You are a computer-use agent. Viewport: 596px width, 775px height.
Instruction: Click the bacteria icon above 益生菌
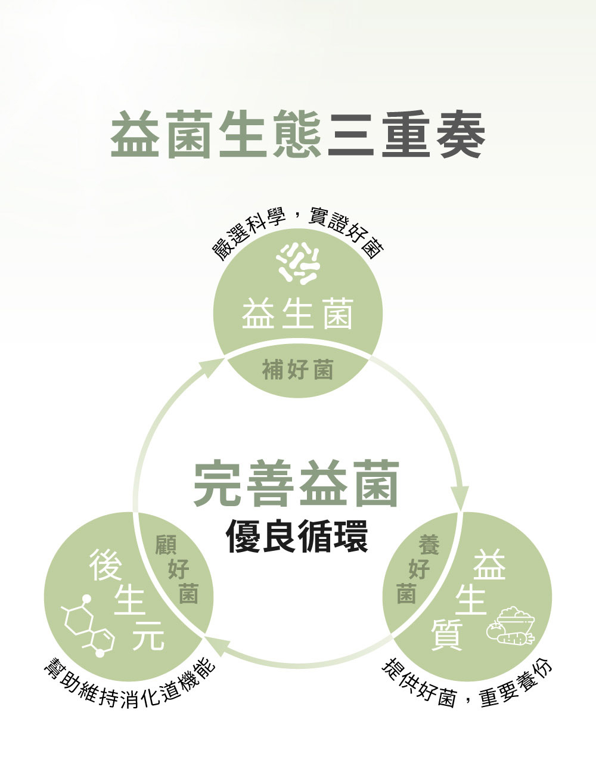[299, 263]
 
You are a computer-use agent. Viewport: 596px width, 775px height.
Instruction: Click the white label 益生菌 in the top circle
[297, 314]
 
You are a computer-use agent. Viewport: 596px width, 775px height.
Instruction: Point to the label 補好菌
[297, 371]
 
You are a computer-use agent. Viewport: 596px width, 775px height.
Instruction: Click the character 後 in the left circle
[105, 565]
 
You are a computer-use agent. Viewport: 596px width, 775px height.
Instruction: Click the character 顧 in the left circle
[166, 545]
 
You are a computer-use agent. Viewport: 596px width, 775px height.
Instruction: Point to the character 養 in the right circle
[429, 545]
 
